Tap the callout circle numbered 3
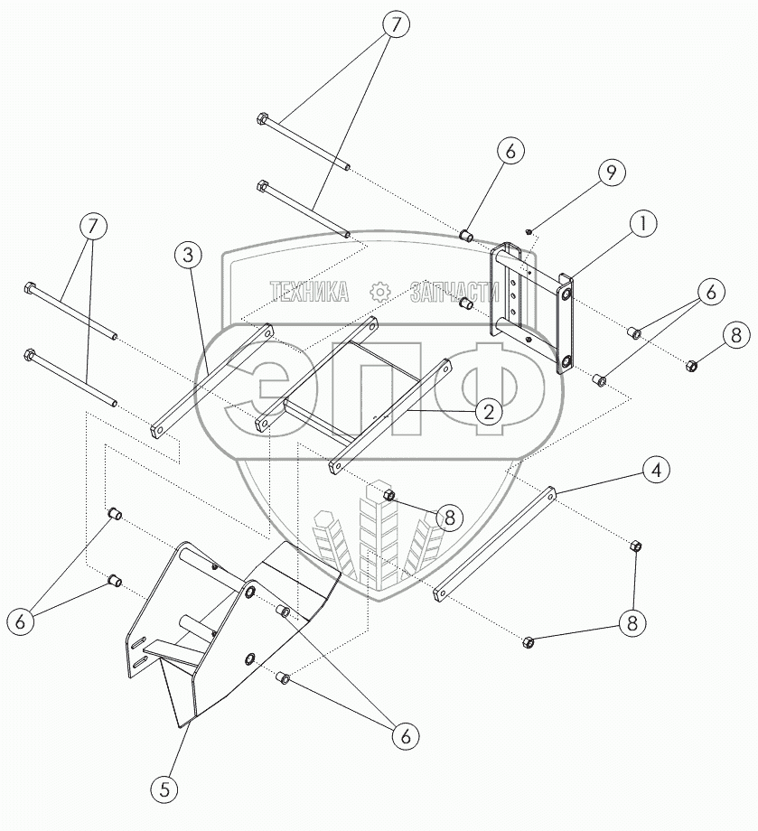point(186,257)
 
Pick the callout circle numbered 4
point(657,471)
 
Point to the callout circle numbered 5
point(164,789)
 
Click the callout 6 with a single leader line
point(510,153)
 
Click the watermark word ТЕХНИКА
point(309,291)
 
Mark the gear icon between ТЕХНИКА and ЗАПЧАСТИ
point(379,291)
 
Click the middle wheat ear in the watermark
point(371,533)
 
